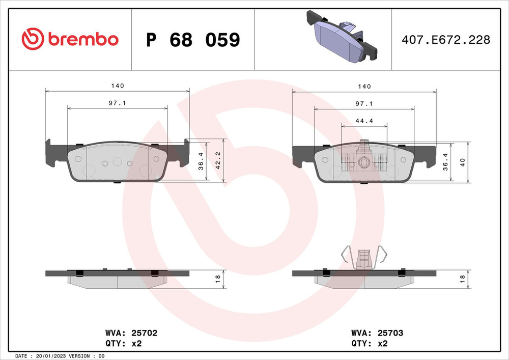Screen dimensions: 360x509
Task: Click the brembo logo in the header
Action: [70, 39]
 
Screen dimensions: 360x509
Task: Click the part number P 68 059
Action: [193, 40]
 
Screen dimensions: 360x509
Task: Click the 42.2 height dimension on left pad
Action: [218, 160]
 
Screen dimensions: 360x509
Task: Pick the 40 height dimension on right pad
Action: [463, 161]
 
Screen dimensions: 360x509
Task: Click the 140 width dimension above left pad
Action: [118, 86]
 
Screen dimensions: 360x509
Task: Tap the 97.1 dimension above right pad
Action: [364, 103]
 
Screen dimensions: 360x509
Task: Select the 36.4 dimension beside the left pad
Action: [201, 161]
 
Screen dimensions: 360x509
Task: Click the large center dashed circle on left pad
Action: [117, 162]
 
